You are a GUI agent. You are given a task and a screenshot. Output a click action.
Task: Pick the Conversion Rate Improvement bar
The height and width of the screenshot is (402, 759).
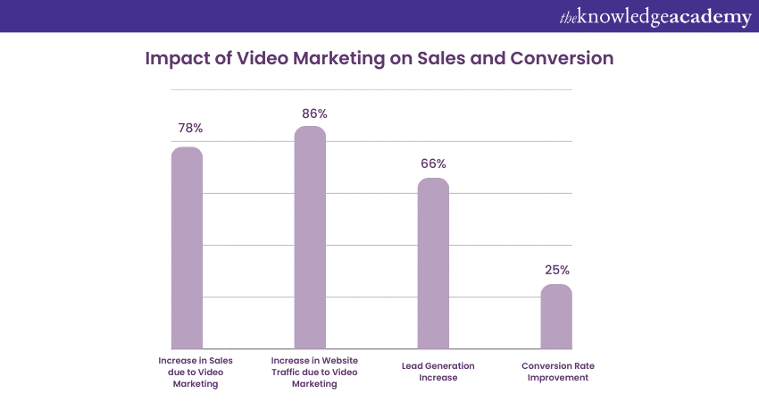coord(556,316)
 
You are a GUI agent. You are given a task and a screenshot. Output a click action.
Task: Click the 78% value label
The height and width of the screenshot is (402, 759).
coord(189,128)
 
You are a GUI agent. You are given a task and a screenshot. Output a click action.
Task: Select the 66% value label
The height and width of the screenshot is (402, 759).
coord(433,163)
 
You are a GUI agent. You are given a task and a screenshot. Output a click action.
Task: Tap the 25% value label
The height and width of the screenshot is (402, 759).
coord(557,270)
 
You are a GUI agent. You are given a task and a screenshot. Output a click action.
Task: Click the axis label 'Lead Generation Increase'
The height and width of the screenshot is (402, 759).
coord(437,372)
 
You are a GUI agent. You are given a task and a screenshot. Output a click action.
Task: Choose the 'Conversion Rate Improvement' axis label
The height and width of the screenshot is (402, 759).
coord(555,372)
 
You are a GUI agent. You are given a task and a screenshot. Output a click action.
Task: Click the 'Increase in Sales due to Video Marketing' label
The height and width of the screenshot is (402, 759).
coord(195,372)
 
